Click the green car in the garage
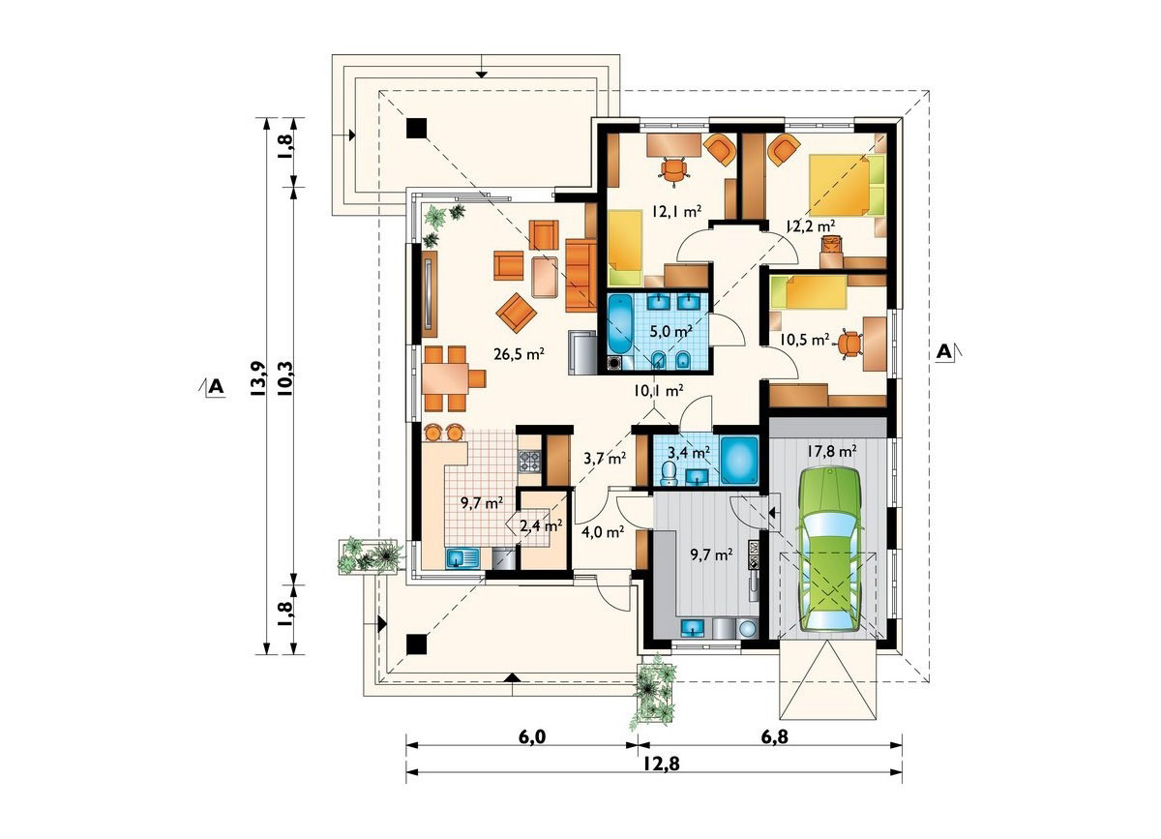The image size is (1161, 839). (x=829, y=549)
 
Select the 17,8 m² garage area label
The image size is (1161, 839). (x=830, y=452)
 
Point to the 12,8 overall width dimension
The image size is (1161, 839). (x=654, y=764)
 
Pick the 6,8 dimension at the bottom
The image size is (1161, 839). (x=775, y=736)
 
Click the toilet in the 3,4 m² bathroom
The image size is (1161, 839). (x=670, y=473)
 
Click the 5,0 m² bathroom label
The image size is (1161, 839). (x=672, y=331)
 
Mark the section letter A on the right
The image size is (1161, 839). (x=944, y=352)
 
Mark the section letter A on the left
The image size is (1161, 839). (x=216, y=387)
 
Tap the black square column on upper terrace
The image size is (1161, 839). (x=416, y=128)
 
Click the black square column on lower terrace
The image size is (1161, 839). (x=416, y=644)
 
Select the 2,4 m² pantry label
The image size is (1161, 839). (x=541, y=526)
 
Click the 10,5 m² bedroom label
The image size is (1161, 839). (x=804, y=340)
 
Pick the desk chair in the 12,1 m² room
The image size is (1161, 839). (x=673, y=170)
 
